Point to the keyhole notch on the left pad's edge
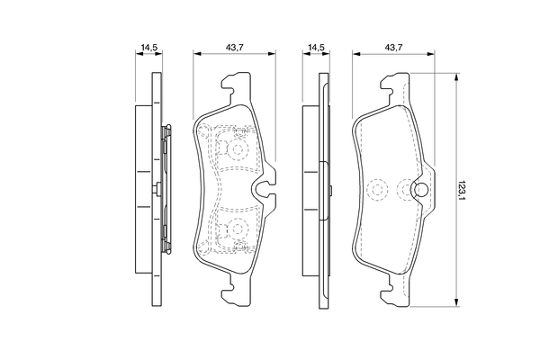264,190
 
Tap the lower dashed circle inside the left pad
238,229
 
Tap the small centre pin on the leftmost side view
158,189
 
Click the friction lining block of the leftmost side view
142,189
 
